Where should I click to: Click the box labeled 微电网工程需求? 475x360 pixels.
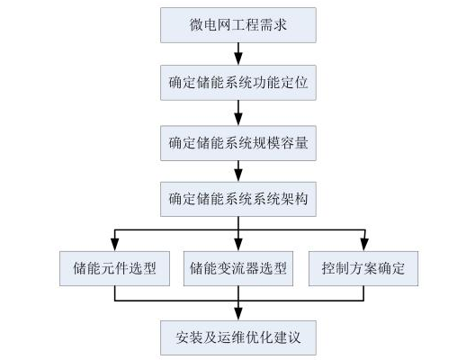click(x=238, y=25)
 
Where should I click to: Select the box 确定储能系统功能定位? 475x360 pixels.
click(x=238, y=83)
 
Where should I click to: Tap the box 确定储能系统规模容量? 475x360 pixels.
click(x=238, y=143)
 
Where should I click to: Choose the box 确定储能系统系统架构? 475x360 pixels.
click(x=238, y=199)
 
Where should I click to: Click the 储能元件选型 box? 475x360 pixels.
click(x=114, y=268)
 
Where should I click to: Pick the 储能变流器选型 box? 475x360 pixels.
click(x=238, y=268)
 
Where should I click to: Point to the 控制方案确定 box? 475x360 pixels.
click(x=363, y=268)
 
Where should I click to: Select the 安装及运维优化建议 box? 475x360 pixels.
click(x=238, y=337)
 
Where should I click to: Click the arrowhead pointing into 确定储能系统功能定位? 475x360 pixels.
click(x=238, y=59)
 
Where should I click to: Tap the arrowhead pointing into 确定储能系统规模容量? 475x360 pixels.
click(x=238, y=120)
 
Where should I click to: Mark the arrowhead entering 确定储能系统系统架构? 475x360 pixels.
click(x=238, y=175)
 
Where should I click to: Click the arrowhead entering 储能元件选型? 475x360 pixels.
click(x=114, y=245)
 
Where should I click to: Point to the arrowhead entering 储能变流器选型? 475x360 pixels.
click(x=238, y=245)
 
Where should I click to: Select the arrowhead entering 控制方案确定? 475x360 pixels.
click(x=364, y=245)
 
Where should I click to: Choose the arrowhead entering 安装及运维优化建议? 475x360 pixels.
click(x=238, y=314)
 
